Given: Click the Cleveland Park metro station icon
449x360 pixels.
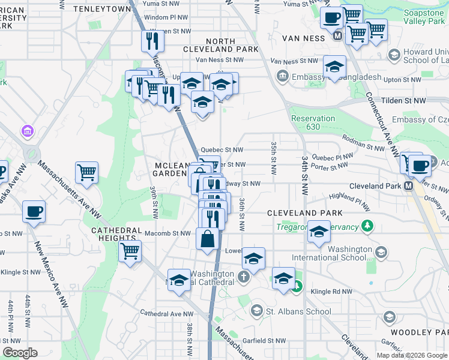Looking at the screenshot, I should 409,186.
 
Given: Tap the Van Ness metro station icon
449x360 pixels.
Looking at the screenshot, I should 337,36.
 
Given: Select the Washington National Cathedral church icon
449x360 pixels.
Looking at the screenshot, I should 243,277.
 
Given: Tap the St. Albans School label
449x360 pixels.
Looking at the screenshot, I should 298,311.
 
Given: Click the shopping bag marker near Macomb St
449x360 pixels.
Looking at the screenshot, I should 207,239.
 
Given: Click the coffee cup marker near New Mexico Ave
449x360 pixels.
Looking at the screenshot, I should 34,211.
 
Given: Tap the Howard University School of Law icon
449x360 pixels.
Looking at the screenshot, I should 394,56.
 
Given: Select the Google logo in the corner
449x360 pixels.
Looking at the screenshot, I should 20,353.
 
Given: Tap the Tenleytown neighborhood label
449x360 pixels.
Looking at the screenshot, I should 101,9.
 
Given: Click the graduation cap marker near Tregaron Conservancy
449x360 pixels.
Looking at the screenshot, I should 319,231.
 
